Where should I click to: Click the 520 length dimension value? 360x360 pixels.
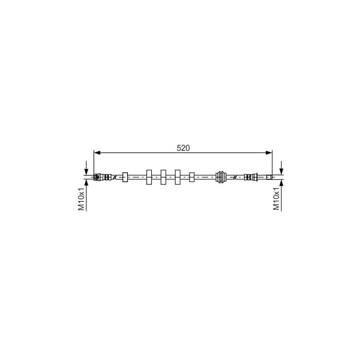(183, 148)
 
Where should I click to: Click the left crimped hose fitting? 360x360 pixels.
(102, 177)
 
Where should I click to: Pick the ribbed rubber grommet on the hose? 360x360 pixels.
(221, 177)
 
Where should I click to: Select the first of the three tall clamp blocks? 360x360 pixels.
(149, 177)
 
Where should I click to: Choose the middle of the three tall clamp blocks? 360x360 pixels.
(163, 177)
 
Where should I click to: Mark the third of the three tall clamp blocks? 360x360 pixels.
(178, 177)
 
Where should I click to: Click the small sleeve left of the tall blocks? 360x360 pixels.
(125, 177)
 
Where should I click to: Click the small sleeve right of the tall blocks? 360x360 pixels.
(192, 177)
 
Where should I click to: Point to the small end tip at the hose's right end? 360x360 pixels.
(270, 177)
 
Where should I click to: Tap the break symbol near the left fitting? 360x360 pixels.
(115, 177)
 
